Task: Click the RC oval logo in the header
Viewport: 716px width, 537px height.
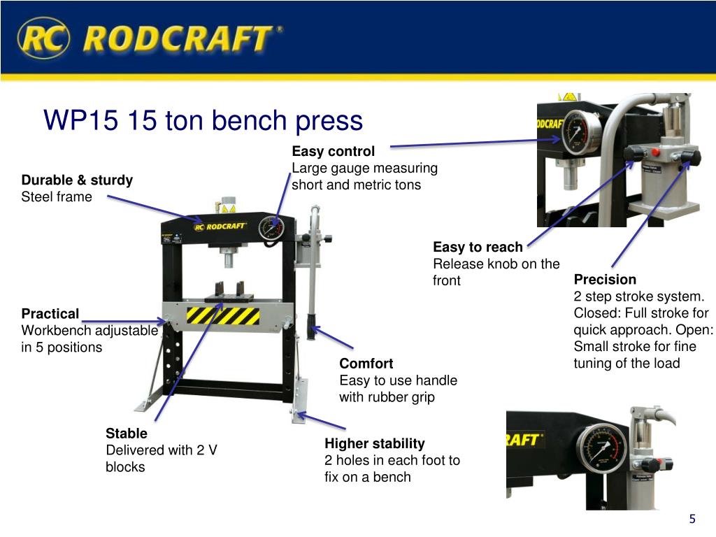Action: [44, 38]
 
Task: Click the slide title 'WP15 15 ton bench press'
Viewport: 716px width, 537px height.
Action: [203, 120]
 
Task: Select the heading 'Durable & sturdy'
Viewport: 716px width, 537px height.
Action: [77, 180]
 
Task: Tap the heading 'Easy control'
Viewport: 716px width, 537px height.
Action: [334, 151]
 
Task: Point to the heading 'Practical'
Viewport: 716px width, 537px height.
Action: [50, 314]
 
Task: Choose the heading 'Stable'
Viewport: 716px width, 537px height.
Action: [127, 433]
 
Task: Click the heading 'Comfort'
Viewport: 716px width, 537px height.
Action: [366, 364]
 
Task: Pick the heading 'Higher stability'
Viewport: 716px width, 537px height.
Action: [375, 443]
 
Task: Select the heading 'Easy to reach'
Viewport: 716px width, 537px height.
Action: [478, 247]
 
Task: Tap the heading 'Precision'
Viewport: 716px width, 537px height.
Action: [605, 280]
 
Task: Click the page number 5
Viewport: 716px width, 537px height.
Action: [692, 519]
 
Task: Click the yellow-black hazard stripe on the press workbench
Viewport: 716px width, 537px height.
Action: [223, 315]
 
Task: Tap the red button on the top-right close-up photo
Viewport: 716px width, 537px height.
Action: [656, 152]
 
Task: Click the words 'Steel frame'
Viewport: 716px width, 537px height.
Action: [57, 196]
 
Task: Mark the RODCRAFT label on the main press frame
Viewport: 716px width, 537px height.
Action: [220, 227]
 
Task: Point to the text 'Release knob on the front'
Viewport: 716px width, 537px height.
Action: [496, 272]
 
